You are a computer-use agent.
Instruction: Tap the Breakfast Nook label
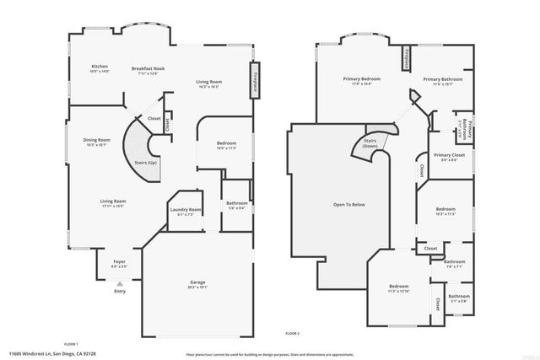pos(148,70)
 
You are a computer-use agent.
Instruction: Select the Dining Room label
pos(97,142)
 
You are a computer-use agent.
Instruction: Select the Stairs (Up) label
pos(147,162)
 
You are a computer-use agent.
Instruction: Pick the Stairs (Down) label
pos(370,143)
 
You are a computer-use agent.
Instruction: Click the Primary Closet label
pos(450,158)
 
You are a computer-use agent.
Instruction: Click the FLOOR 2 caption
pos(292,334)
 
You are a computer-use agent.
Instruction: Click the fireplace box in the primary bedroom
pos(408,57)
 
